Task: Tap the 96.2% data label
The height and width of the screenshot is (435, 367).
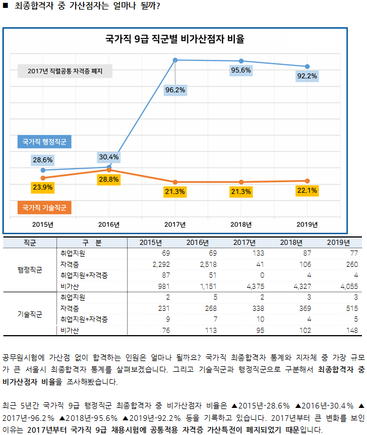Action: pyautogui.click(x=175, y=89)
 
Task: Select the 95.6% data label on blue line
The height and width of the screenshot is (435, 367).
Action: pyautogui.click(x=241, y=71)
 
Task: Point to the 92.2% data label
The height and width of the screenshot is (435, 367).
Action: pyautogui.click(x=307, y=76)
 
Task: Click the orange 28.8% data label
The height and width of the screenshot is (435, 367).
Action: pyautogui.click(x=108, y=179)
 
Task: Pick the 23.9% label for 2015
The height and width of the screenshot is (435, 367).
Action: pyautogui.click(x=43, y=187)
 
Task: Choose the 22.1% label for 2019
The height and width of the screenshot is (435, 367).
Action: pyautogui.click(x=307, y=191)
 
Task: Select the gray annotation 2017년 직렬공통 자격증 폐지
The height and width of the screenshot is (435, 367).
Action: pyautogui.click(x=64, y=71)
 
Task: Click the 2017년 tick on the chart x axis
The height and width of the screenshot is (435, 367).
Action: pyautogui.click(x=175, y=224)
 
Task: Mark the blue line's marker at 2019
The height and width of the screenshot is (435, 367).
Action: pyautogui.click(x=307, y=66)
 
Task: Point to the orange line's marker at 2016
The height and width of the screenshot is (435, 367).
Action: pyautogui.click(x=109, y=170)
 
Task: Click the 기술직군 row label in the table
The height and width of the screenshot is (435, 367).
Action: pyautogui.click(x=30, y=314)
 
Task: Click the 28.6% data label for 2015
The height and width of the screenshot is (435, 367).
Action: pyautogui.click(x=43, y=160)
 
